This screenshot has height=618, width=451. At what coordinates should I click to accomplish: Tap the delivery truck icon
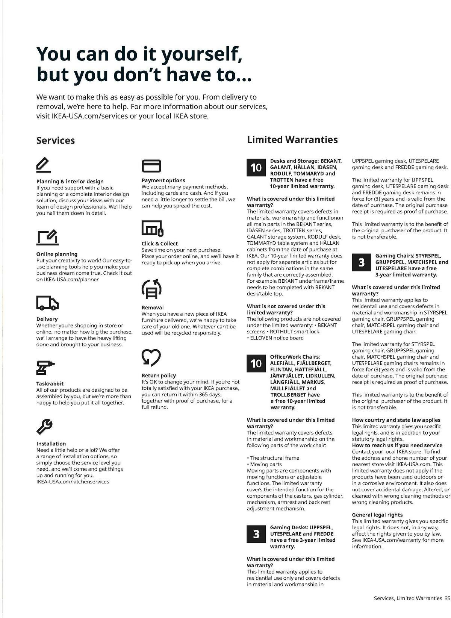tap(47, 303)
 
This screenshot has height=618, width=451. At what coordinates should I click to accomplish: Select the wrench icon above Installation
tap(44, 426)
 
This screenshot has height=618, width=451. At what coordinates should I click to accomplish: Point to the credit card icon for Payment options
tap(151, 166)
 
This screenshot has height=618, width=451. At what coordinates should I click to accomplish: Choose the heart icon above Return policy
tap(151, 357)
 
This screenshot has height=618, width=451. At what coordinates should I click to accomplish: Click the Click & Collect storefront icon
tap(152, 228)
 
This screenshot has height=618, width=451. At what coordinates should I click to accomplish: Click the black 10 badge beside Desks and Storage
tap(256, 168)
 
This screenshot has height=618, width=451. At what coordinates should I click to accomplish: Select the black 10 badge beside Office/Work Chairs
tap(256, 364)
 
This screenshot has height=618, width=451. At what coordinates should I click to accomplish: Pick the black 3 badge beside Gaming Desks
tap(256, 534)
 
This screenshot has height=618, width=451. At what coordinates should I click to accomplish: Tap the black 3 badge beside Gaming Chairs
tap(362, 262)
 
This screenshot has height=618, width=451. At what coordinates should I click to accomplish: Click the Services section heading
tap(56, 141)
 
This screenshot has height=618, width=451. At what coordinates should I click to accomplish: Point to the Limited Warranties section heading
tap(292, 139)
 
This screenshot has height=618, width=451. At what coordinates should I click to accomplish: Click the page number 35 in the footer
tap(447, 598)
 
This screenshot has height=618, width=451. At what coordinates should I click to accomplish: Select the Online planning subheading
tap(57, 254)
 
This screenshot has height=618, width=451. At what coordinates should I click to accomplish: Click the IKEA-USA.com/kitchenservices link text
tap(73, 482)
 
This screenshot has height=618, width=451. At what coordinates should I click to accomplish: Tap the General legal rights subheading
tap(377, 515)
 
